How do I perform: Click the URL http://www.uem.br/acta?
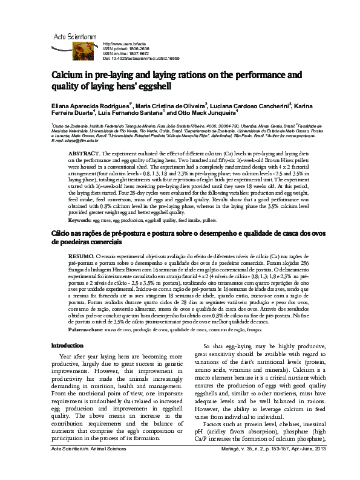(x=126, y=45)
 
